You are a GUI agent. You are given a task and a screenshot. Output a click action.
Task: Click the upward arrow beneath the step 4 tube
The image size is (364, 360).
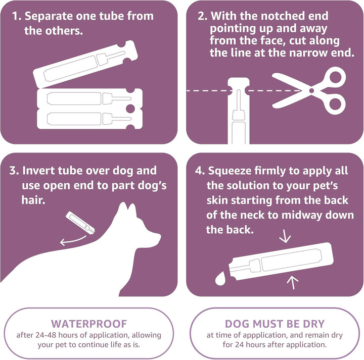tap(292, 283)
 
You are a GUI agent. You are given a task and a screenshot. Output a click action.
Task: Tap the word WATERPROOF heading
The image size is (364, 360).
tap(89, 324)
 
